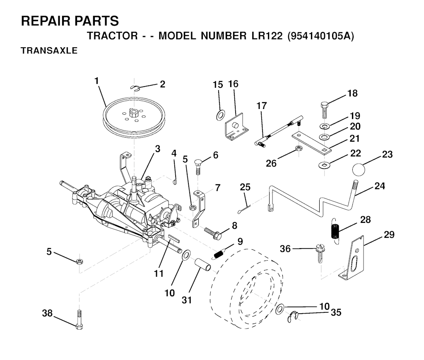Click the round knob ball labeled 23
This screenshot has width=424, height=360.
(x=359, y=169)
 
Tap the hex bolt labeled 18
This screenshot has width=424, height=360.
(x=325, y=110)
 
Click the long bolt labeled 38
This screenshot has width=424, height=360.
(x=79, y=319)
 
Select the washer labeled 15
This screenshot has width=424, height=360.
(x=220, y=115)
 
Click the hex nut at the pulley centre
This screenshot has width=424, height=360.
(x=133, y=112)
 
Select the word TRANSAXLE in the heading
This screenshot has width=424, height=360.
(x=49, y=51)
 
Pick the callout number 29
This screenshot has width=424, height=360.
(x=389, y=234)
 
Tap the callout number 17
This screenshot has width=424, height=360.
(x=262, y=106)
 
